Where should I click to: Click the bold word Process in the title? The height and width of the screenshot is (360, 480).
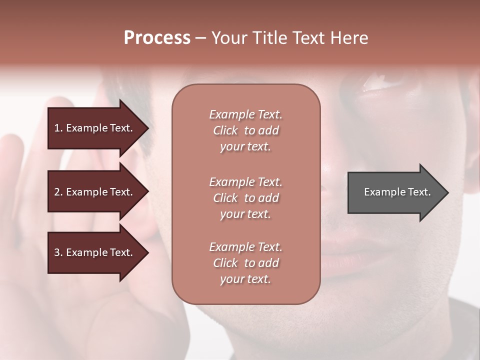click(157, 38)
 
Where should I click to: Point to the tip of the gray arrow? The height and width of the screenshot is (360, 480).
click(447, 192)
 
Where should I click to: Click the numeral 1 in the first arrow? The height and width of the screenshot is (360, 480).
click(57, 128)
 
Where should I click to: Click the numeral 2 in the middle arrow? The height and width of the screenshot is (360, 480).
click(57, 192)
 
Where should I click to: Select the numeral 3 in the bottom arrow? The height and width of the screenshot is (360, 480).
click(57, 252)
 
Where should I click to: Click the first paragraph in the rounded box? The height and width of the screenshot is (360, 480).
click(245, 130)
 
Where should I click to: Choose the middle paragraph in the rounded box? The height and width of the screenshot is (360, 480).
click(245, 198)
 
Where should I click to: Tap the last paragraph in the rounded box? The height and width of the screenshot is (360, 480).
click(245, 263)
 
